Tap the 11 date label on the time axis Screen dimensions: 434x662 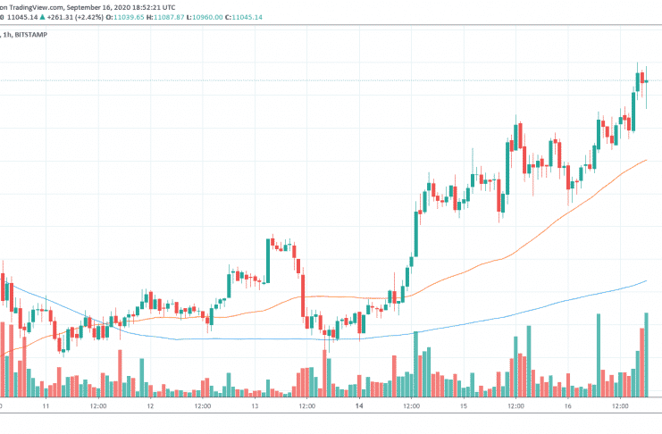46,405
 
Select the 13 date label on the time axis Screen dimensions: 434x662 255,405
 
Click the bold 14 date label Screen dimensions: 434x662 359,405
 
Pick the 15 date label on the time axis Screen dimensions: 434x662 464,405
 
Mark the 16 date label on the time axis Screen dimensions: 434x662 567,405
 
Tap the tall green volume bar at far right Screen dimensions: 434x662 646,354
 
